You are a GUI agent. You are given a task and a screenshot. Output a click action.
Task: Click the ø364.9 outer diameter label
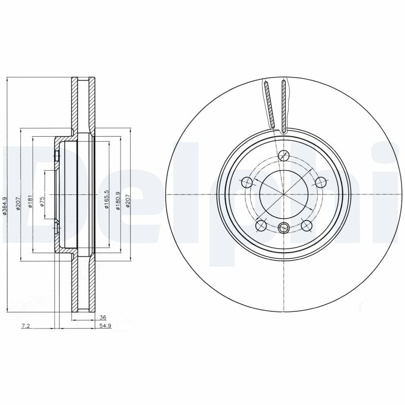5,207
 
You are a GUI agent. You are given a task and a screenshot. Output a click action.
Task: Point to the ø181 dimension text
30,202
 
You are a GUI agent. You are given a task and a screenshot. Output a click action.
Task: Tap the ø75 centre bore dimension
43,201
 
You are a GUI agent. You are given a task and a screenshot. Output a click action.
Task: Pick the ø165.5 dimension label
106,199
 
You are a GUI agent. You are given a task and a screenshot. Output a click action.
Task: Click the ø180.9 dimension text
118,199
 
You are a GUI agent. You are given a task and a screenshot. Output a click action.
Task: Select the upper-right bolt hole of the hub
320,182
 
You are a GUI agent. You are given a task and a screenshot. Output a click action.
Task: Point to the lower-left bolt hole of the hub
261,225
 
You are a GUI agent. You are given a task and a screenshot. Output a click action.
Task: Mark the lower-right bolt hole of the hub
306,225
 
